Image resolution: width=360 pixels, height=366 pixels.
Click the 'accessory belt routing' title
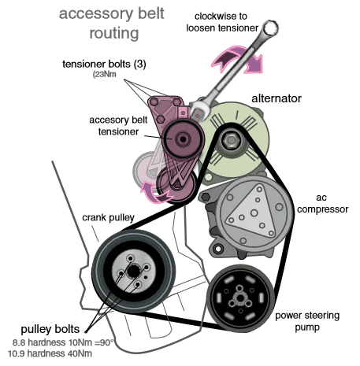pyautogui.click(x=100, y=24)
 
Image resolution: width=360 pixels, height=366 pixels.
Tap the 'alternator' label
pyautogui.click(x=278, y=99)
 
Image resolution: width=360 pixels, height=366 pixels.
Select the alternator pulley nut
pyautogui.click(x=230, y=142)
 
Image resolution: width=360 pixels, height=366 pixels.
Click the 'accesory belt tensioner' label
pyautogui.click(x=116, y=126)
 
